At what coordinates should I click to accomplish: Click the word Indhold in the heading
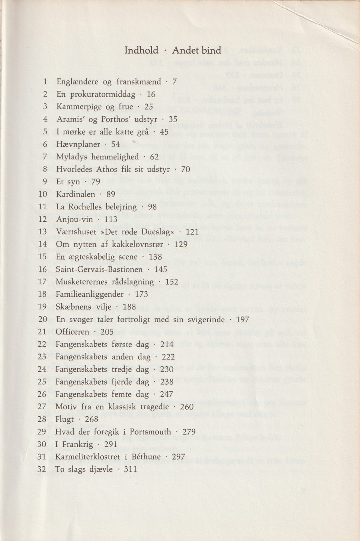pos(141,50)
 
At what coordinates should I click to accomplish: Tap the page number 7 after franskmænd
pos(174,82)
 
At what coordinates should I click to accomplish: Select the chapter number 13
pos(42,232)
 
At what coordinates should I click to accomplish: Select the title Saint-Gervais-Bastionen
pos(99,269)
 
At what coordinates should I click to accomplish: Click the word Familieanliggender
pos(90,295)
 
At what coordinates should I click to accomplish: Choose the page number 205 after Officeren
pos(107,332)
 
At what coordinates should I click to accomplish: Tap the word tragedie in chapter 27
pos(152,407)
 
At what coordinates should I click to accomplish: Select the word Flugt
pos(64,419)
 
